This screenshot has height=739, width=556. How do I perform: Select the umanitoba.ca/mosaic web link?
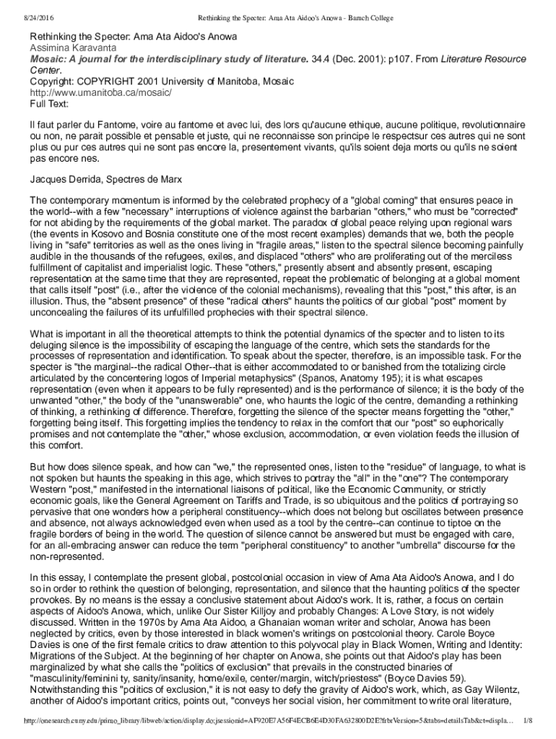click(100, 93)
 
